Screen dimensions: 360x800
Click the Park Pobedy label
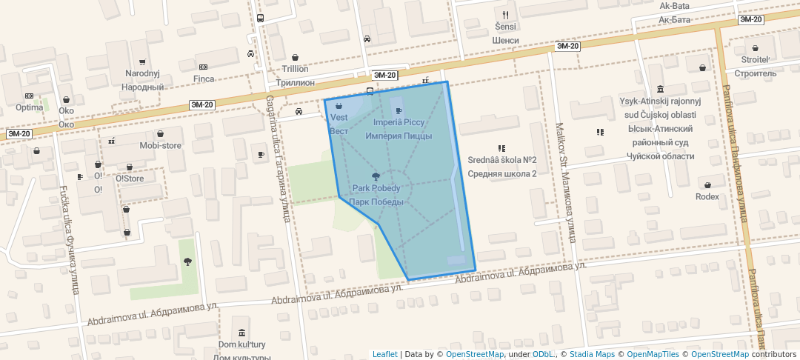376,188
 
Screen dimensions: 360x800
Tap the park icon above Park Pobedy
376,176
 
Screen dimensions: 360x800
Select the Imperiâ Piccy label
399,121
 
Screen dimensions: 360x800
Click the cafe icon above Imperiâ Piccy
399,110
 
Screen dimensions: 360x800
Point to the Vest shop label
339,118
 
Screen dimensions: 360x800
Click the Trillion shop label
295,68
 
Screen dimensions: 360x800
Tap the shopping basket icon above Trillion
295,57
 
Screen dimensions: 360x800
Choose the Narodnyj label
142,73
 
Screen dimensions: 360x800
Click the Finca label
204,79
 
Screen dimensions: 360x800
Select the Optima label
30,107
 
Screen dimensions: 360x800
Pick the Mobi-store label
161,145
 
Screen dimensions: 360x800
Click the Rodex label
707,196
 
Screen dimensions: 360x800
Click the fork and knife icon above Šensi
506,14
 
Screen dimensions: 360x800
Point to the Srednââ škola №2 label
502,160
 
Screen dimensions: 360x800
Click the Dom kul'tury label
241,344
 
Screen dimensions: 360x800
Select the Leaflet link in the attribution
384,354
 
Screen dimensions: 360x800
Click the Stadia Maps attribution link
592,354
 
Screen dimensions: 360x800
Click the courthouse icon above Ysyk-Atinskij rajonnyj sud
660,89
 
